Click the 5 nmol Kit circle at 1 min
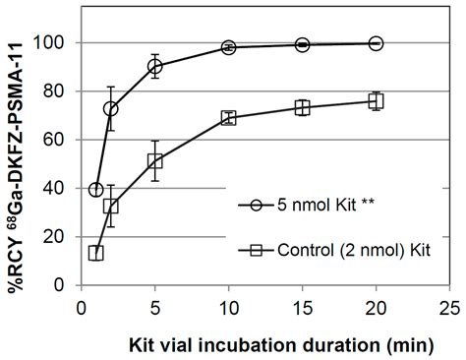click(x=96, y=190)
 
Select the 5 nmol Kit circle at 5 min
click(x=154, y=67)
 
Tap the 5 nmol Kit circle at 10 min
click(x=228, y=47)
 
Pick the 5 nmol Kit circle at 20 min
click(x=376, y=43)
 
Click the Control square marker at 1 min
click(x=96, y=253)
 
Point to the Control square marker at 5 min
click(x=154, y=161)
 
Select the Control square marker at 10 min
click(x=228, y=118)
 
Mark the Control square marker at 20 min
click(x=376, y=101)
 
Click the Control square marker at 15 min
click(x=302, y=107)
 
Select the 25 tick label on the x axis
click(x=448, y=306)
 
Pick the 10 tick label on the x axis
click(x=228, y=306)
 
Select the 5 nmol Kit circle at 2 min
click(x=111, y=109)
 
